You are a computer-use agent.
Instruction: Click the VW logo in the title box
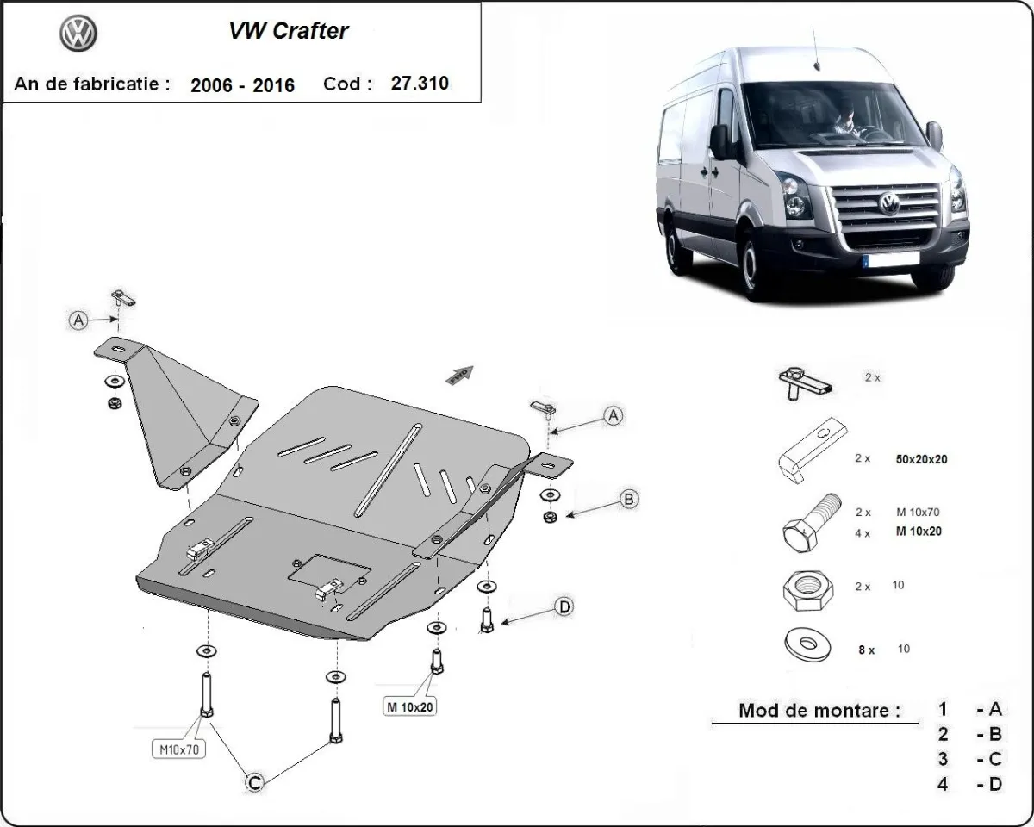coord(78,34)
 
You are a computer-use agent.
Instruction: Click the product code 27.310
coord(420,84)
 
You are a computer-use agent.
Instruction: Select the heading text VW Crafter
coord(288,31)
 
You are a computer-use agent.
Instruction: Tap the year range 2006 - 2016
coord(242,84)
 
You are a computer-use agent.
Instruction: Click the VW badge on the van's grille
coord(888,204)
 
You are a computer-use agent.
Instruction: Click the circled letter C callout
coord(254,782)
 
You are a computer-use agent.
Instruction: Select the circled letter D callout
coord(564,607)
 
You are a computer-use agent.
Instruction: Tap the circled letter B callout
coord(629,499)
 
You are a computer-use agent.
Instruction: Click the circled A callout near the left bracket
coord(78,320)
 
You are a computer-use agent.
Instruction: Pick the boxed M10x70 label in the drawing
coord(180,749)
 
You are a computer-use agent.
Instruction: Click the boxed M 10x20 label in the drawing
coord(410,707)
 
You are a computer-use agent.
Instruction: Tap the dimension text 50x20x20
coord(921,459)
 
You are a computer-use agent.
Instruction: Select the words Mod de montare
coord(819,711)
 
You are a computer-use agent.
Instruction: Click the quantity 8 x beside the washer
coord(866,650)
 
